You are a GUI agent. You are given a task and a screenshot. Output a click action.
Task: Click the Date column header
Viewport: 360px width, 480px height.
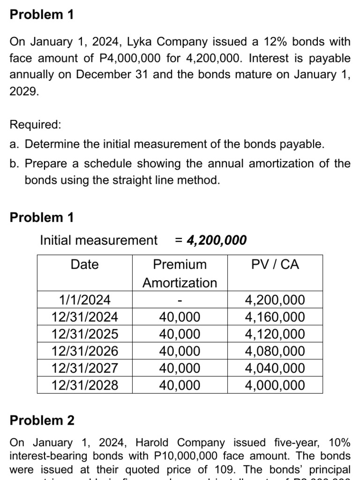[x=84, y=264]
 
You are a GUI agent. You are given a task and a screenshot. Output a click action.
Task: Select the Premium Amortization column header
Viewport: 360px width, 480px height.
[x=180, y=273]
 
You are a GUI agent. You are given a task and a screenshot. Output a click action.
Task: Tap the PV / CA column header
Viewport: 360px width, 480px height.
[x=275, y=264]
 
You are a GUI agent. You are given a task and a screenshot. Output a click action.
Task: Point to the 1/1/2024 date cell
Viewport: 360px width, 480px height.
[x=84, y=300]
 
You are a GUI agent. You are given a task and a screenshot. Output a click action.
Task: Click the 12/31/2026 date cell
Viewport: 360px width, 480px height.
[x=84, y=351]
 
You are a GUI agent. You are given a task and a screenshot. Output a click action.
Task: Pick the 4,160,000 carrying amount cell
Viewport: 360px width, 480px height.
[x=275, y=317]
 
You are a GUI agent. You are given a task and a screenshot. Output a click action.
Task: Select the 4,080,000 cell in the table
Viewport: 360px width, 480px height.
[x=275, y=351]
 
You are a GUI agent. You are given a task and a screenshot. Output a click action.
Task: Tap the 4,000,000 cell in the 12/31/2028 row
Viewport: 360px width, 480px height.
[x=275, y=385]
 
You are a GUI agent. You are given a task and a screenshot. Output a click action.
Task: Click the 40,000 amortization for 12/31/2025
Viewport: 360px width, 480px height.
[x=180, y=334]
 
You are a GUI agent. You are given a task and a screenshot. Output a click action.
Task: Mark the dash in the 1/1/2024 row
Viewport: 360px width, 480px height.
[x=180, y=300]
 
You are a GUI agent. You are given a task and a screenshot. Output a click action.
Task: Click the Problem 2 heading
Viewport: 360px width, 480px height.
[x=42, y=420]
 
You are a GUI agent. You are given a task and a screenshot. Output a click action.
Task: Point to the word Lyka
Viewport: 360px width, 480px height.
[x=140, y=42]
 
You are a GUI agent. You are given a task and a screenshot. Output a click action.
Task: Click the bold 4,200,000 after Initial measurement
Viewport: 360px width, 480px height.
[x=217, y=240]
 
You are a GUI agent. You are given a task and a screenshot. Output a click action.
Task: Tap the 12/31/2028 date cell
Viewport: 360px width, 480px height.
[x=84, y=385]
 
